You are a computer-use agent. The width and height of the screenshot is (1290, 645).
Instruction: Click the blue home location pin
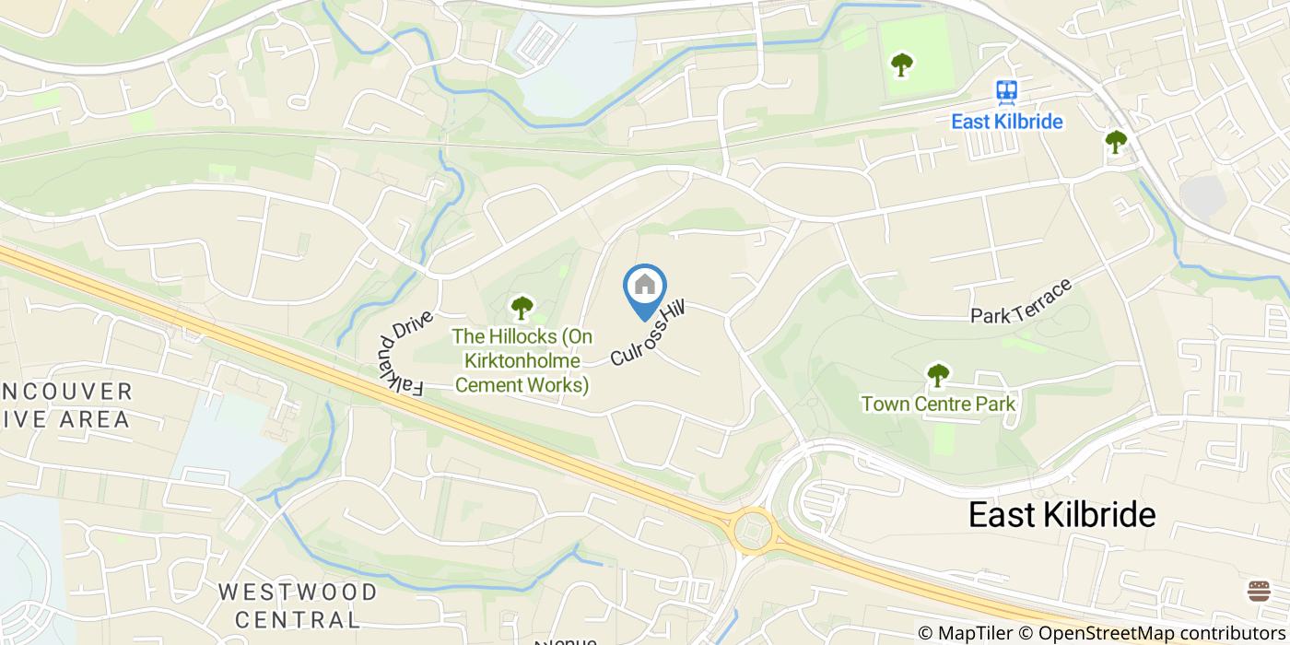(x=645, y=287)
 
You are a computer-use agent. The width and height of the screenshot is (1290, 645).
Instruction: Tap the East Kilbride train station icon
(x=1006, y=92)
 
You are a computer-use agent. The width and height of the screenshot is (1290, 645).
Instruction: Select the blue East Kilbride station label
(x=1007, y=122)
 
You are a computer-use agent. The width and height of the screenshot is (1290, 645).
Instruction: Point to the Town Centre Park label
(x=938, y=404)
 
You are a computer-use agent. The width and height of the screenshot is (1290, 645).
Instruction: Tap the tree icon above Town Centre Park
(x=938, y=375)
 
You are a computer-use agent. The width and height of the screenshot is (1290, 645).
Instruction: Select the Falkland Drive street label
(x=399, y=358)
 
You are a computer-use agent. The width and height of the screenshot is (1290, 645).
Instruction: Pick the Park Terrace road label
(x=1021, y=301)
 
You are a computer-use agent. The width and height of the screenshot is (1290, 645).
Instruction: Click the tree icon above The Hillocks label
(x=522, y=306)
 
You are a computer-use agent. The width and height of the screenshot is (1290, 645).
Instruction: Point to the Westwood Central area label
(x=298, y=604)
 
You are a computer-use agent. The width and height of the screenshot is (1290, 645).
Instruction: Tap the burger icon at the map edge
(x=1259, y=591)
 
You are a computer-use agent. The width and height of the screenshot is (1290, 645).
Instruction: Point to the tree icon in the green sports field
(x=901, y=64)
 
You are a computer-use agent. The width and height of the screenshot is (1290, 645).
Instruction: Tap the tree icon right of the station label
(x=1116, y=142)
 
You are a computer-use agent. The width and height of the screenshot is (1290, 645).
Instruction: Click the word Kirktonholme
(x=522, y=361)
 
